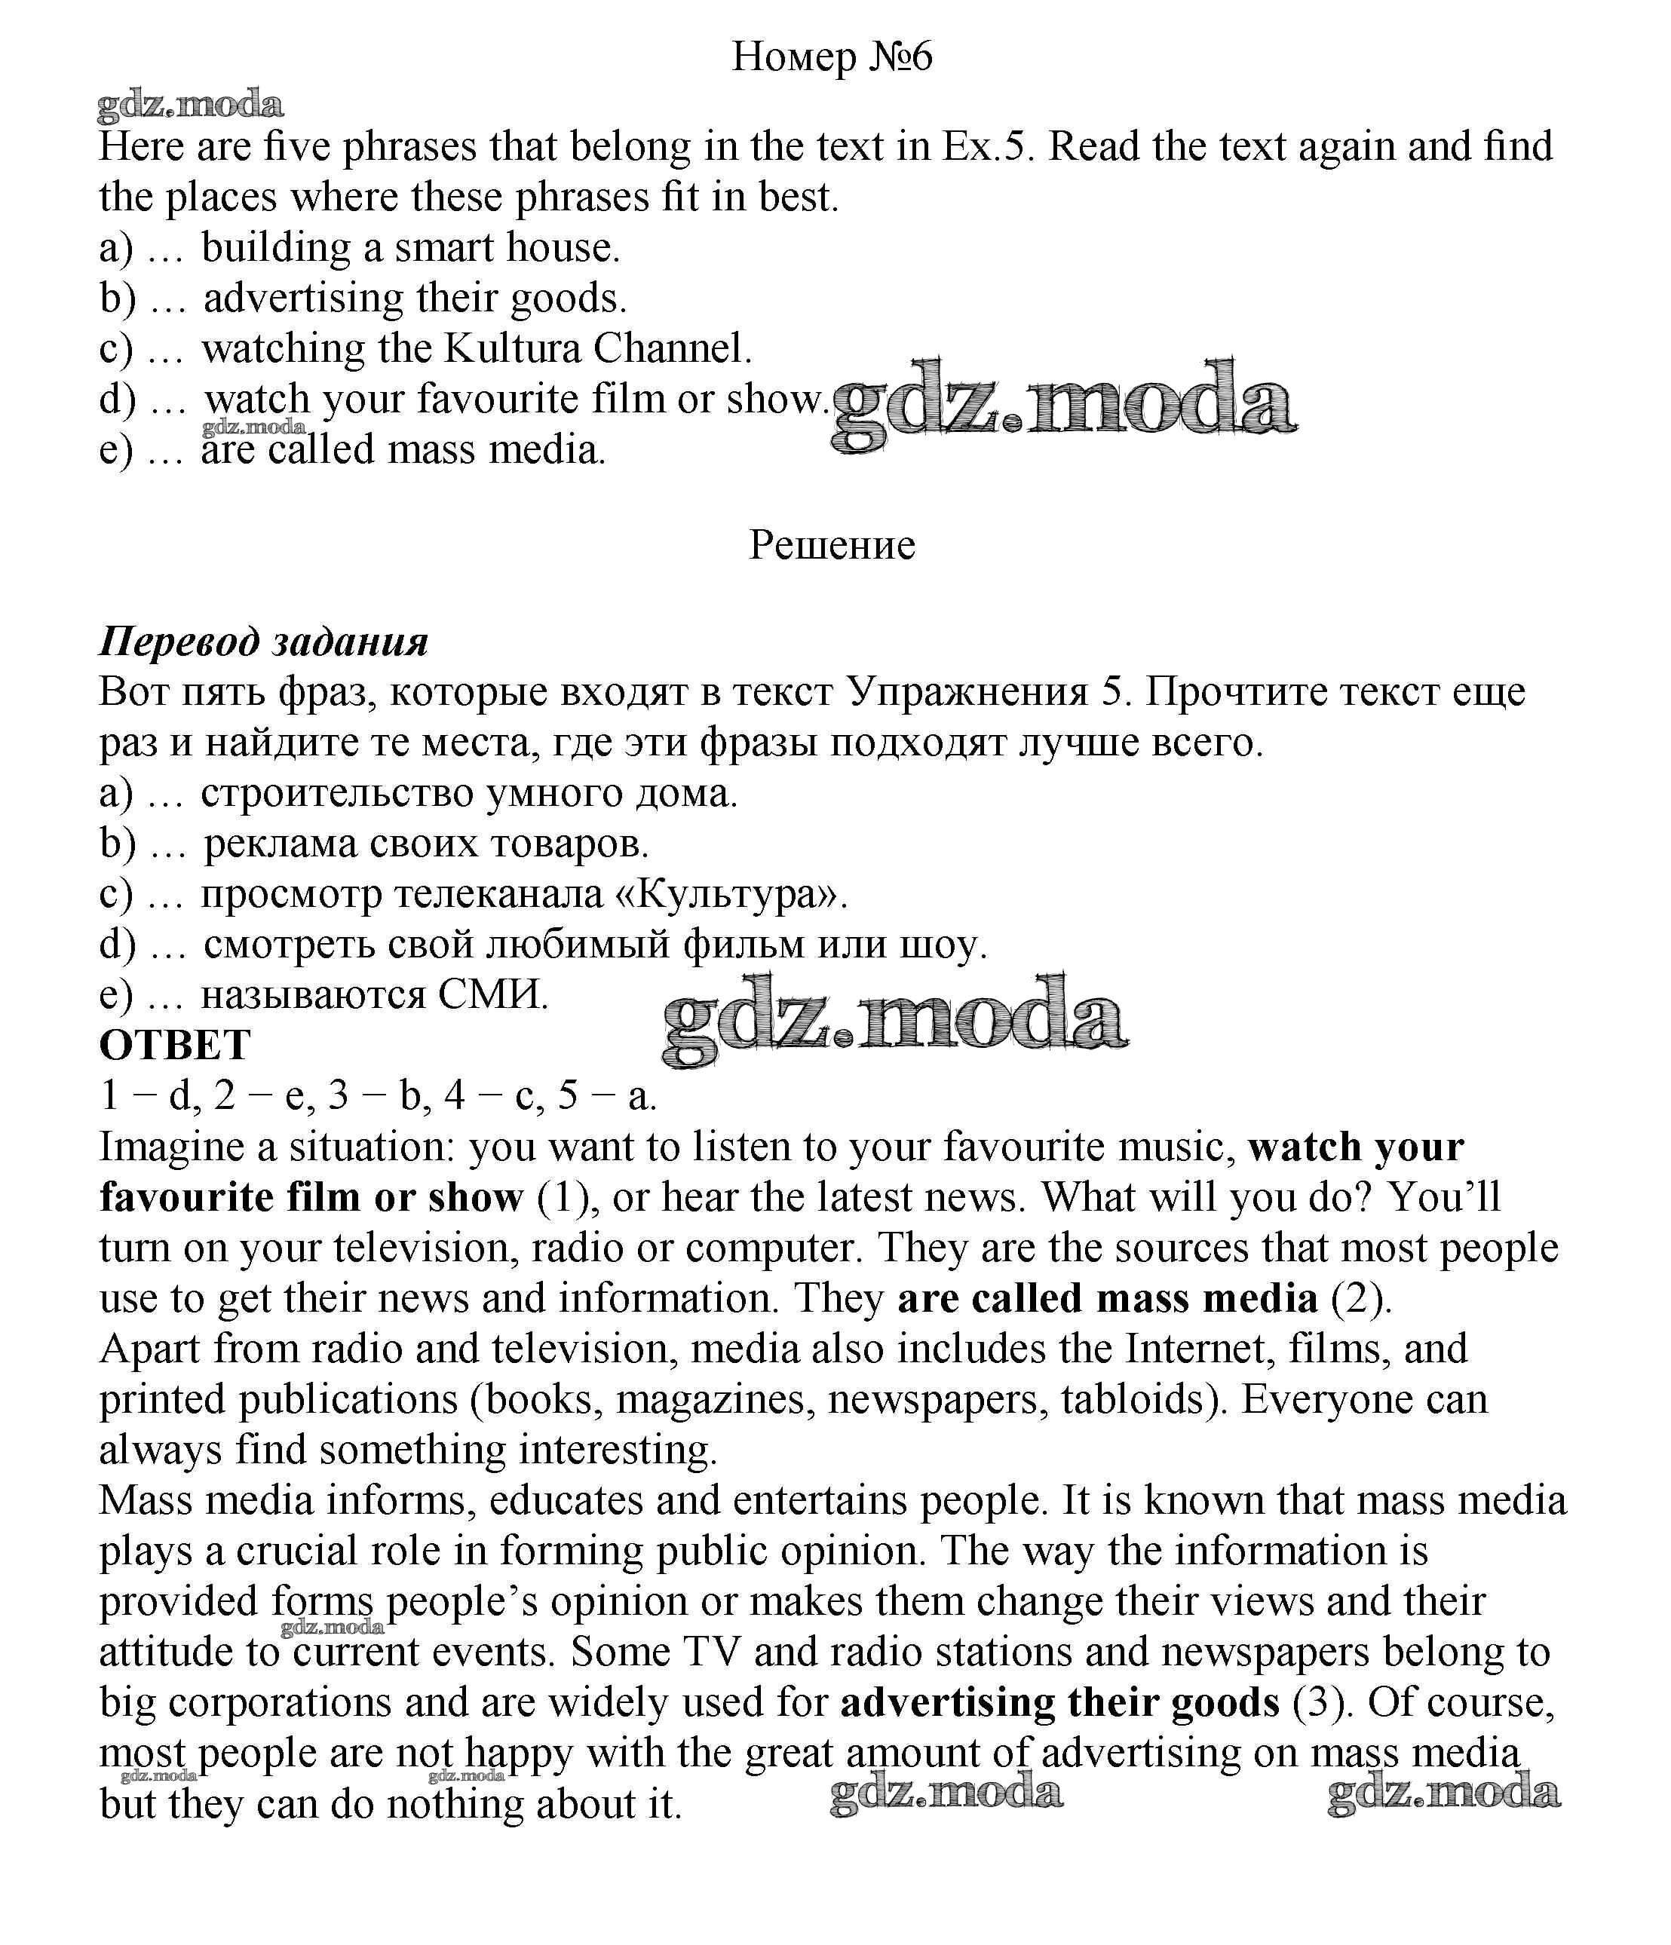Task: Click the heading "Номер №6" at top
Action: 831,57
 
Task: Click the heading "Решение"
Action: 832,545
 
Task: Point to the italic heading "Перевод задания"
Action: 264,642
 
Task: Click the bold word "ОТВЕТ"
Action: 176,1045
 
